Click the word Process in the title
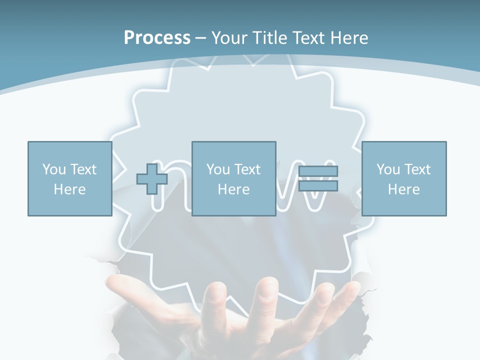pos(157,38)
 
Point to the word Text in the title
pos(310,38)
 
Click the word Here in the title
pos(350,38)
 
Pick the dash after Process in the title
pos(200,38)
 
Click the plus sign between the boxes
pos(152,178)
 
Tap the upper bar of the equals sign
pos(318,171)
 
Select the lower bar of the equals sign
pos(318,186)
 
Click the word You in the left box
pos(54,169)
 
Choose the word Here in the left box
pos(69,189)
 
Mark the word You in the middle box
pos(218,169)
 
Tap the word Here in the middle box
pos(233,189)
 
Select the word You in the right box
pos(388,169)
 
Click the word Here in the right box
pos(403,189)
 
